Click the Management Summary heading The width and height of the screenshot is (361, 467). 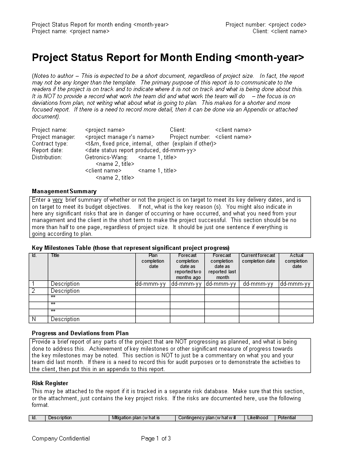(64, 191)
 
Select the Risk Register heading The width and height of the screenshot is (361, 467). (50, 383)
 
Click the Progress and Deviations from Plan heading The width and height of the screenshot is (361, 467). (80, 333)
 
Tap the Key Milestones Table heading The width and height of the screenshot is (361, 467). (131, 248)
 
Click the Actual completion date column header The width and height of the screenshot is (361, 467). (296, 261)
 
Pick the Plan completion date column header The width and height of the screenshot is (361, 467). (153, 261)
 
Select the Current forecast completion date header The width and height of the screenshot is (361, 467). (259, 258)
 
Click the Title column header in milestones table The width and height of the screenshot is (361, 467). (55, 255)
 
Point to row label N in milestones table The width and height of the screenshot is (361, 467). (34, 319)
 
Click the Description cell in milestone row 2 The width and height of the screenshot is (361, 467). (65, 291)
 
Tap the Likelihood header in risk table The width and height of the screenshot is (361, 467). (258, 418)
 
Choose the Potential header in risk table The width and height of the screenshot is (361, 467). (287, 418)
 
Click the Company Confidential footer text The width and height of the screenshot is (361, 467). (61, 439)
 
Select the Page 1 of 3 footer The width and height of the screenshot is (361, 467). (156, 439)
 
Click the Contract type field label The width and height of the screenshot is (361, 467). (50, 144)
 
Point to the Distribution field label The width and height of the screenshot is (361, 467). (47, 157)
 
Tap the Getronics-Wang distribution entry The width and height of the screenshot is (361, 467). (106, 157)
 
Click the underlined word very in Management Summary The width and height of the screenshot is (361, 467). (58, 200)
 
